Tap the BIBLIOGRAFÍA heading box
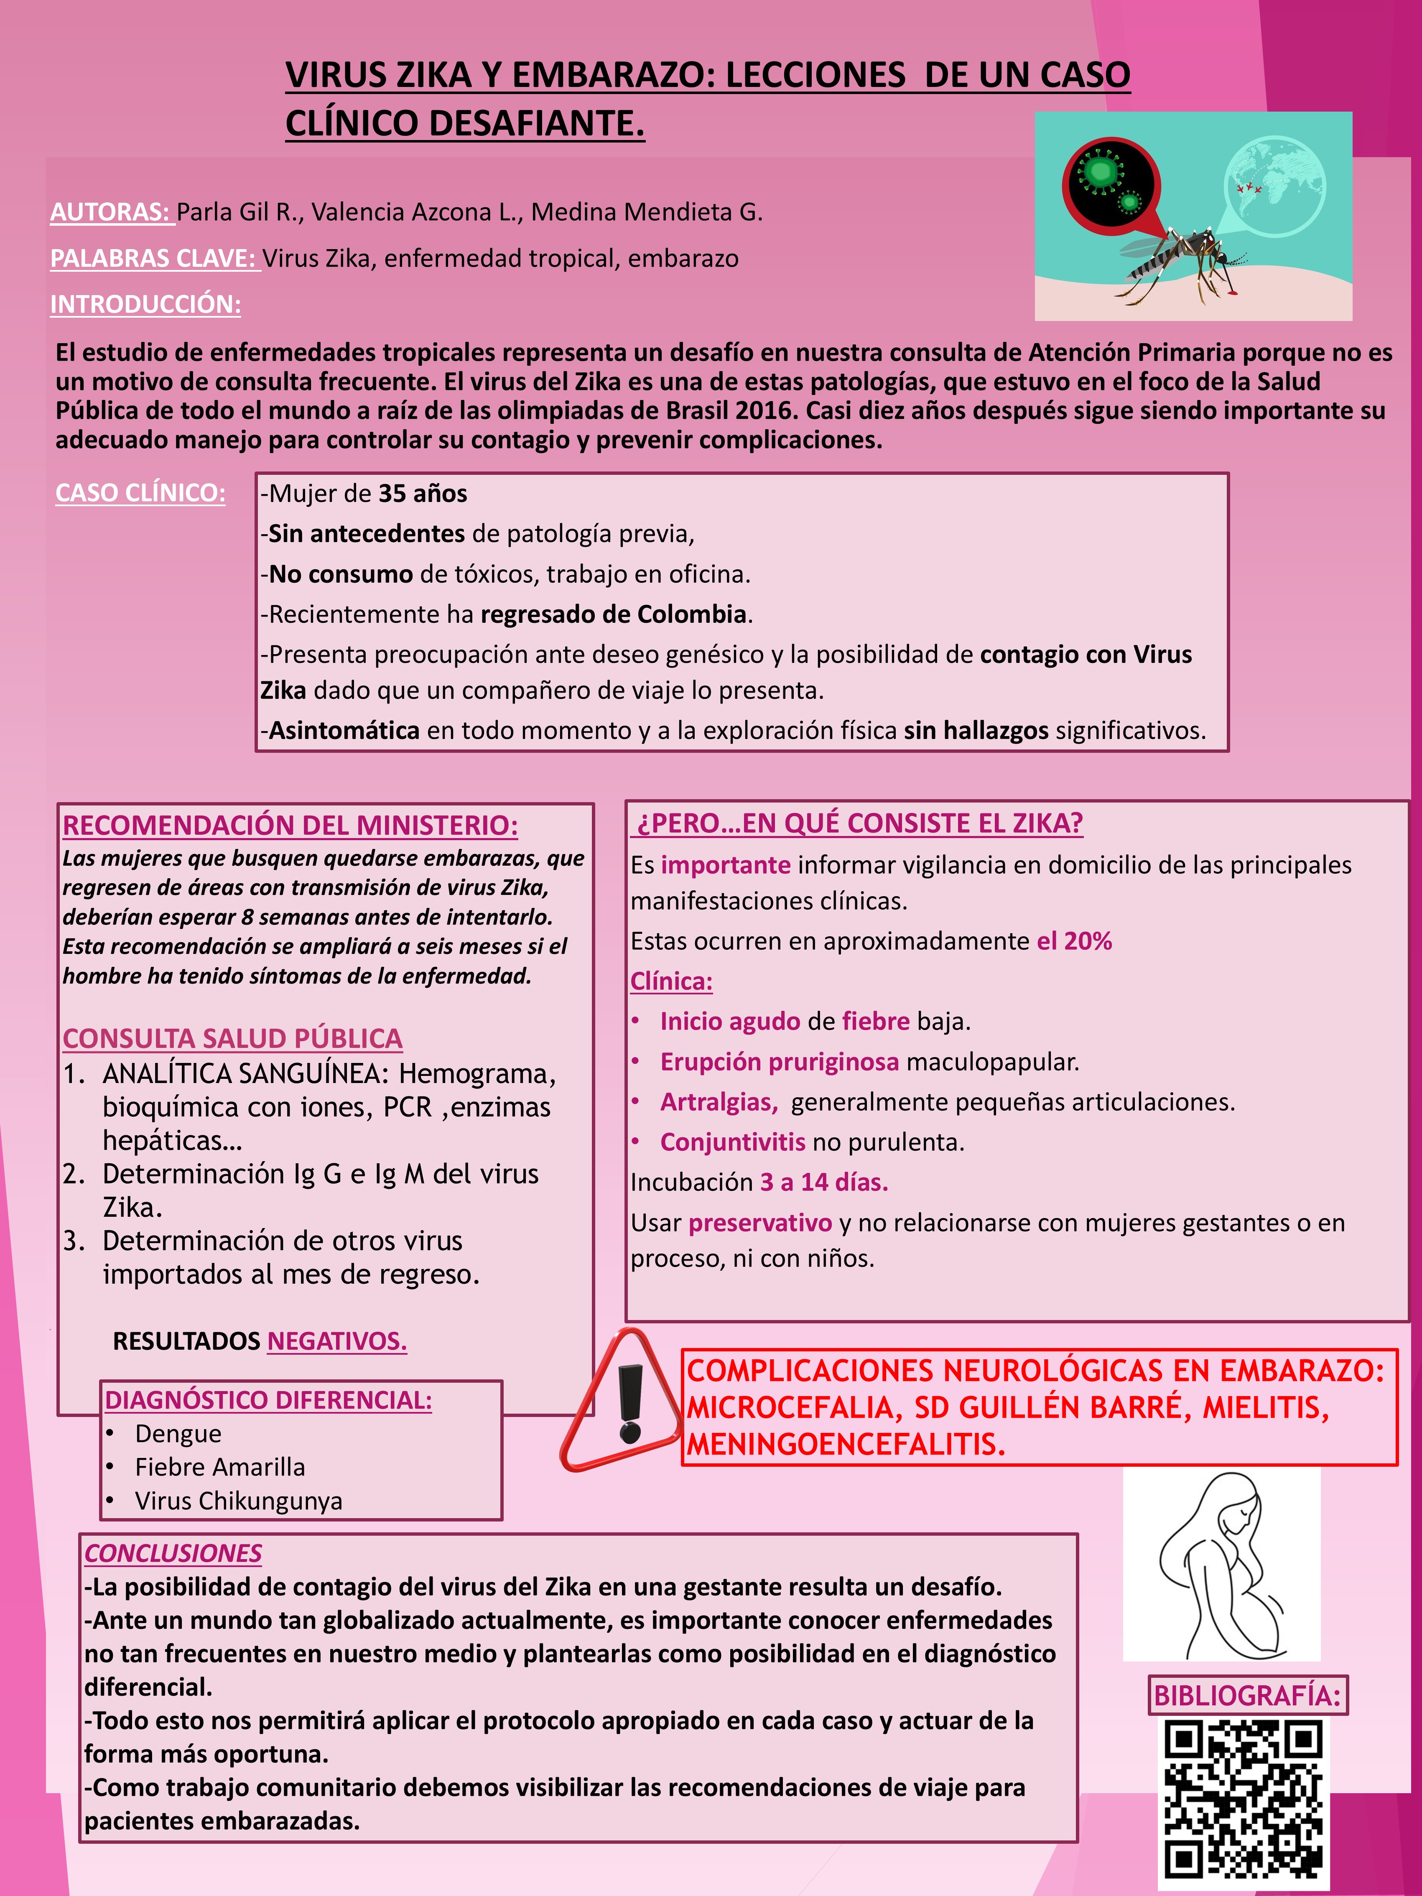click(x=1247, y=1695)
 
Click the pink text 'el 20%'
click(x=1074, y=941)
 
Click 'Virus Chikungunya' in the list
click(x=238, y=1501)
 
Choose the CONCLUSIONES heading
click(x=173, y=1553)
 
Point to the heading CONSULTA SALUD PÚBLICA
click(x=232, y=1038)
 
